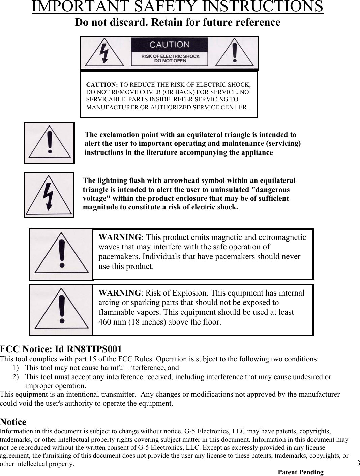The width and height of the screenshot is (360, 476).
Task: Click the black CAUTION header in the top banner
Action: pyautogui.click(x=169, y=45)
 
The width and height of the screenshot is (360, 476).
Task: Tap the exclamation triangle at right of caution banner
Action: pyautogui.click(x=235, y=53)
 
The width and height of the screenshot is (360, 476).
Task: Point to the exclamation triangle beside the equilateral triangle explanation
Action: pyautogui.click(x=50, y=143)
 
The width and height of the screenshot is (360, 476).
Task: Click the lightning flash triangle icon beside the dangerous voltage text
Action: pyautogui.click(x=49, y=195)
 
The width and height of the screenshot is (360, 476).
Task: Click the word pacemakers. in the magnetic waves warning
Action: pyautogui.click(x=120, y=257)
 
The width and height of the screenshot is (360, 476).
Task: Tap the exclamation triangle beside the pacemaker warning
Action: pyautogui.click(x=61, y=255)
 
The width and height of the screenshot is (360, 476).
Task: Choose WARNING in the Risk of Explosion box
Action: pyautogui.click(x=119, y=293)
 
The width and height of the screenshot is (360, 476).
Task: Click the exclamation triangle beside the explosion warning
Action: pyautogui.click(x=61, y=310)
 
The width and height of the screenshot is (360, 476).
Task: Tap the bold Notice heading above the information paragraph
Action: pyautogui.click(x=13, y=422)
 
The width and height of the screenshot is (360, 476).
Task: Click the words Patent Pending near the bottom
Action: pyautogui.click(x=300, y=472)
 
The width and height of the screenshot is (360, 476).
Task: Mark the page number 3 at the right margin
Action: pyautogui.click(x=358, y=463)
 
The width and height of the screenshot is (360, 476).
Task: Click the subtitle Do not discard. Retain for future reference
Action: pyautogui.click(x=177, y=23)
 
